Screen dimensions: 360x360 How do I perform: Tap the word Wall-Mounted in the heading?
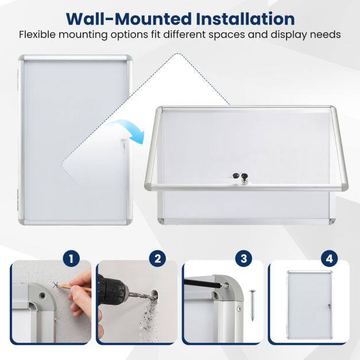(x=129, y=19)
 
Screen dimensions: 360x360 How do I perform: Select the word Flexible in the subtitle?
(x=37, y=34)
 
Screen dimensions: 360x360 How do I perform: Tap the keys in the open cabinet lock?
(x=235, y=176)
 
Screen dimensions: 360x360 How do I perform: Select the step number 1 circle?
(x=71, y=259)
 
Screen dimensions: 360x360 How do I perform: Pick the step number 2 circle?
(x=157, y=259)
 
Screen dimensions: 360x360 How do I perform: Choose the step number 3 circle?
(x=243, y=259)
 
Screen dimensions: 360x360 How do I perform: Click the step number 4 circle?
(x=330, y=259)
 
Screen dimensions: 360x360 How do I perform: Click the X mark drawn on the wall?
(x=55, y=285)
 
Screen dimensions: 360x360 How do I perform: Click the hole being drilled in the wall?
(x=154, y=295)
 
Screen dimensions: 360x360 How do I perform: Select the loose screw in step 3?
(x=253, y=305)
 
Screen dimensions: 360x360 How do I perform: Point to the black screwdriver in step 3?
(x=202, y=283)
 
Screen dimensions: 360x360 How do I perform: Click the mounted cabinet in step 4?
(x=310, y=305)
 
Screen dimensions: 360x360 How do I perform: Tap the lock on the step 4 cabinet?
(x=329, y=306)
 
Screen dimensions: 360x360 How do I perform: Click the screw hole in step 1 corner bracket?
(x=42, y=295)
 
